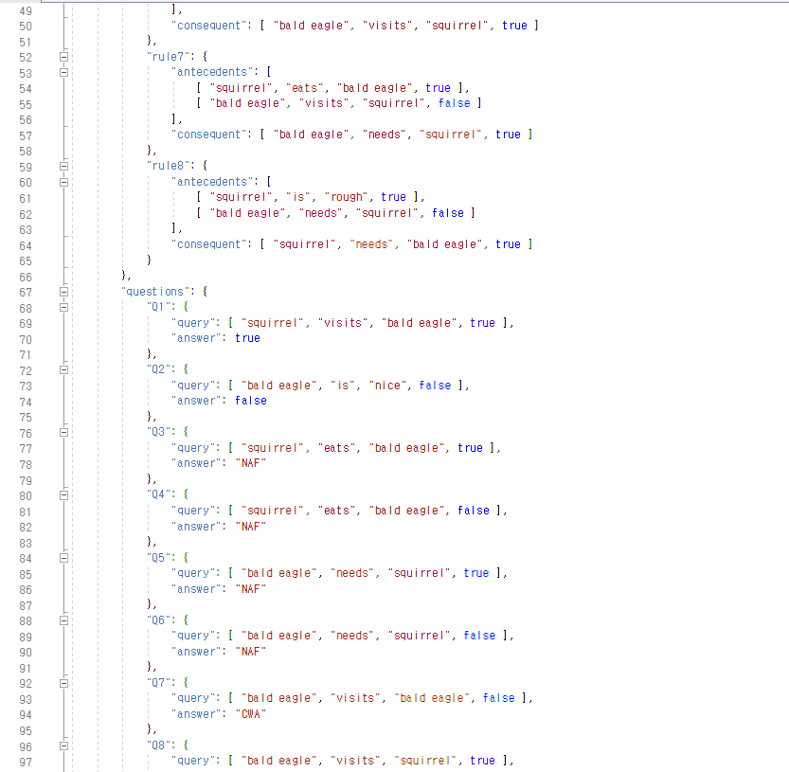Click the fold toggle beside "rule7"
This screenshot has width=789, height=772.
click(x=63, y=57)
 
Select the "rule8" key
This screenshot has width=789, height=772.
click(x=164, y=166)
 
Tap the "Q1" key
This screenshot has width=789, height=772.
click(x=158, y=307)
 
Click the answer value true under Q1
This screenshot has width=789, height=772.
click(x=247, y=338)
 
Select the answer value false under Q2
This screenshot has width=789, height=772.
click(x=251, y=401)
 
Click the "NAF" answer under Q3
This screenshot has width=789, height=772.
click(x=251, y=463)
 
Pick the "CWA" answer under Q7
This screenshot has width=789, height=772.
click(x=251, y=713)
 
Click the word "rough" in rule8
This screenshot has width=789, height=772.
click(x=350, y=197)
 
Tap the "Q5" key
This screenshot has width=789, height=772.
click(x=158, y=557)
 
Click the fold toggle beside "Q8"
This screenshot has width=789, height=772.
click(x=63, y=745)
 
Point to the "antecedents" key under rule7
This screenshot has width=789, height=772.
click(x=214, y=72)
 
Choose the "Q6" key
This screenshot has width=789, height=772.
click(x=158, y=619)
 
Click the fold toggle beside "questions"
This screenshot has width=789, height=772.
click(x=63, y=292)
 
